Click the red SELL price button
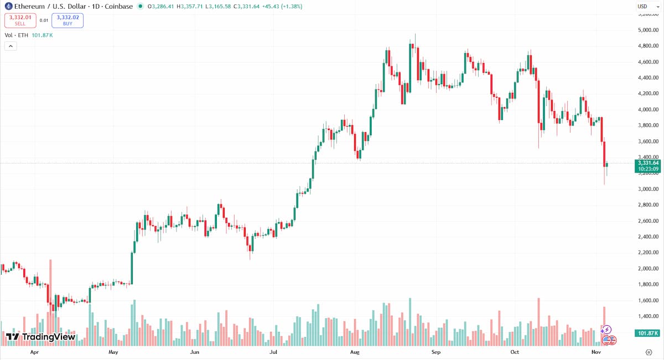coord(20,20)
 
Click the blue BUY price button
coord(68,20)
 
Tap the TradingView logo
coord(40,337)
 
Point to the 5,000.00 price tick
coord(648,30)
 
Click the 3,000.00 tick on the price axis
coord(648,189)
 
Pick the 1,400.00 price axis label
coord(648,316)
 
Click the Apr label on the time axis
coord(34,352)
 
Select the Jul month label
coord(273,352)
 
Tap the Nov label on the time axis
coord(596,352)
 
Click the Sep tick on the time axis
coord(435,352)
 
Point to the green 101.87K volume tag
coord(647,333)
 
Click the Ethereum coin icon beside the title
coord(8,7)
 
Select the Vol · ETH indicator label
coord(17,35)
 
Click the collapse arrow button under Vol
coord(11,46)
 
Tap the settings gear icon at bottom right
coord(648,352)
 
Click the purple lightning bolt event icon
coord(606,330)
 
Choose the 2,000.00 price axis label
coord(648,269)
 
